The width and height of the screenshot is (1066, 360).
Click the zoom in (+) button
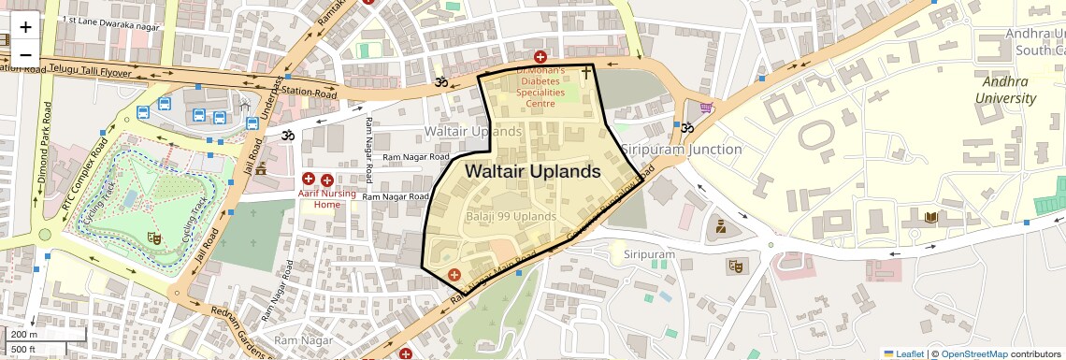(25, 28)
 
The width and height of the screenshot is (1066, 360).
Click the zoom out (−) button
(25, 53)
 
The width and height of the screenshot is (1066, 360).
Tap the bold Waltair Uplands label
(532, 172)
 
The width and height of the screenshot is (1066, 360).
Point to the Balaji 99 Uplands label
(511, 216)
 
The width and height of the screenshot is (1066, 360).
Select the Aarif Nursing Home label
(327, 197)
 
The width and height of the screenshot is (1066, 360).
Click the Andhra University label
(1005, 90)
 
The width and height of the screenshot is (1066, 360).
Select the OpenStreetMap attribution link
(973, 353)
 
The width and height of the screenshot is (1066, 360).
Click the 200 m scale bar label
(24, 334)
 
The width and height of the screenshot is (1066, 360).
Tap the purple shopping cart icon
(707, 108)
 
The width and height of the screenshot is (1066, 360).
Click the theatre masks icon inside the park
(155, 239)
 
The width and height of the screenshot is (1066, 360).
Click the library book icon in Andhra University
(930, 218)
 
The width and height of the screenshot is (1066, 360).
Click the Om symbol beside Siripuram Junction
(687, 128)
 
